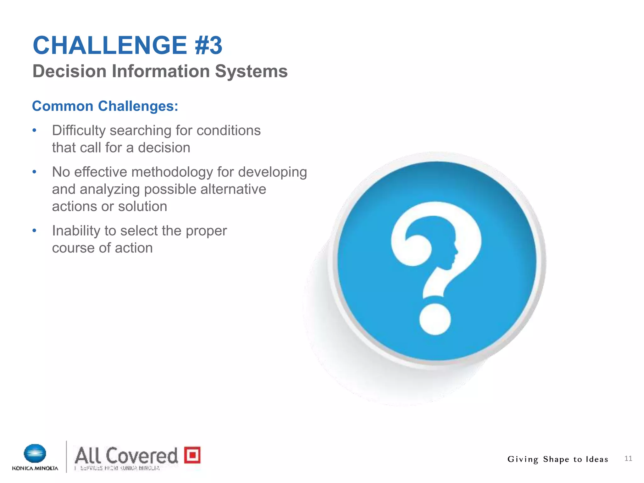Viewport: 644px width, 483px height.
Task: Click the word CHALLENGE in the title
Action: tap(110, 45)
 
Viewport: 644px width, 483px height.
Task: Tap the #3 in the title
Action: tap(208, 45)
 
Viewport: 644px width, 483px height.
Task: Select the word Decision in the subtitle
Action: tap(69, 71)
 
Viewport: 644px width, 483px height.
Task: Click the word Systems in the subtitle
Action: tap(251, 71)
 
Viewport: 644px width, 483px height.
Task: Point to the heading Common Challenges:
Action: tap(105, 106)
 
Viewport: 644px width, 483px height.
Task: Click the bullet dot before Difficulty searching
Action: tap(35, 130)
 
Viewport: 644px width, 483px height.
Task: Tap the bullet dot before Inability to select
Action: tap(35, 231)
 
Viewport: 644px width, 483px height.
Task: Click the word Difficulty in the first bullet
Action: tap(79, 130)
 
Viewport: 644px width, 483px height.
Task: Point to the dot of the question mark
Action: tap(435, 319)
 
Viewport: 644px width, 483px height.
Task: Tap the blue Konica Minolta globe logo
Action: tap(35, 453)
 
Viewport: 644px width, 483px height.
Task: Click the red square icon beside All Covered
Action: tap(192, 455)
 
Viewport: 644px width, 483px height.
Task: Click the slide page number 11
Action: tap(628, 458)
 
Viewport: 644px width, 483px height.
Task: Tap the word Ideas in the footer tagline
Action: tap(597, 459)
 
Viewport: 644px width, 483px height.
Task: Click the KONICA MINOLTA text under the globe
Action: tap(35, 468)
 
